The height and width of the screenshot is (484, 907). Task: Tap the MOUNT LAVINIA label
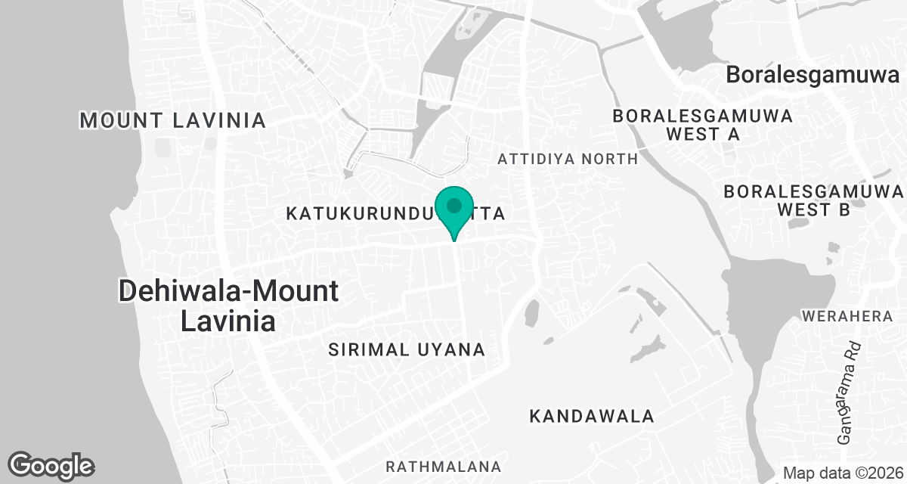(x=173, y=120)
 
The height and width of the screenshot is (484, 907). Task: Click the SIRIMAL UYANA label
(x=407, y=349)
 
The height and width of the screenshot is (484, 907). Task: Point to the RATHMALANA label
(x=444, y=465)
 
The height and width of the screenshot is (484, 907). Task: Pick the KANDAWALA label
(x=591, y=416)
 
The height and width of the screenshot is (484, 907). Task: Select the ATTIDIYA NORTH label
(x=568, y=159)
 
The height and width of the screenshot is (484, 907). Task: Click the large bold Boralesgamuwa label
(x=813, y=75)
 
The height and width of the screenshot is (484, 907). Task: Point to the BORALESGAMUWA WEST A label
(x=703, y=126)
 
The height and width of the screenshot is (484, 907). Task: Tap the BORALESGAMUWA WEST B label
(x=813, y=200)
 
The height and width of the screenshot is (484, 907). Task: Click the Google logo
(x=51, y=466)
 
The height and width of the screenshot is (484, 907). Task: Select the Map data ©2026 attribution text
(x=843, y=473)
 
